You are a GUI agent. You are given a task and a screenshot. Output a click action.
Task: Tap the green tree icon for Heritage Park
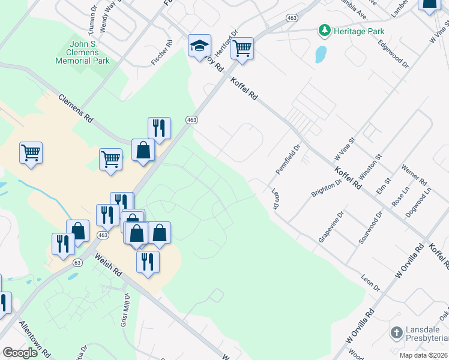[x=325, y=30]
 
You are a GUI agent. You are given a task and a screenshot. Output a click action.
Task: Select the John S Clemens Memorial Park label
[x=82, y=52]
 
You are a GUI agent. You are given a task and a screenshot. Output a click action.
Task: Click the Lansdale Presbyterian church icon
[x=396, y=332]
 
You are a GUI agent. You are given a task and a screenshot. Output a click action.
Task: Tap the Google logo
[x=20, y=353]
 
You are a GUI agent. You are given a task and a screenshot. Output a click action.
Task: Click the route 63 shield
[x=77, y=263]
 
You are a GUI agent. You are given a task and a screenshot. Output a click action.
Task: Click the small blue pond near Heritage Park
[x=321, y=55]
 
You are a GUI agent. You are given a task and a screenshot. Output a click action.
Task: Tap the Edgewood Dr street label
[x=393, y=54]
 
